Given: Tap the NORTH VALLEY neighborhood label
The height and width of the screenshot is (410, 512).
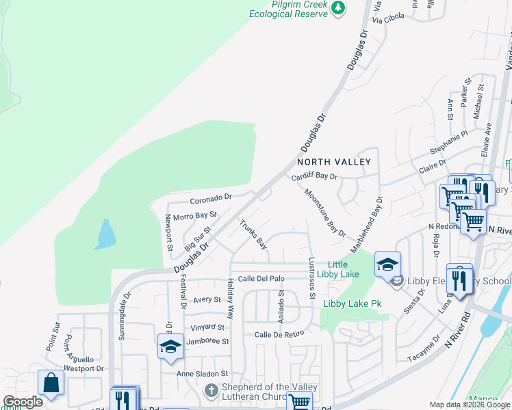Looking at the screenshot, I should pos(333,162).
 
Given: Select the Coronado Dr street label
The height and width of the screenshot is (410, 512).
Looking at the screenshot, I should pos(212,198).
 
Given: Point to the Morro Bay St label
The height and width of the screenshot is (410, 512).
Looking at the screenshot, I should pos(195,216).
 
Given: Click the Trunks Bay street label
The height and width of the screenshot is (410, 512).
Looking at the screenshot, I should pos(253,233).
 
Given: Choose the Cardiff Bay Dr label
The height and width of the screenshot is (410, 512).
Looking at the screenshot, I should pos(315,177).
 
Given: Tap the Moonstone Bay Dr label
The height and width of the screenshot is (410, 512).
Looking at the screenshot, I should pos(324,213).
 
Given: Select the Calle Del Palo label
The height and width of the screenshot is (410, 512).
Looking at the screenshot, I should pos(261,278).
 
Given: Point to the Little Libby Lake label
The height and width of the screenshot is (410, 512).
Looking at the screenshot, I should pos(343,269).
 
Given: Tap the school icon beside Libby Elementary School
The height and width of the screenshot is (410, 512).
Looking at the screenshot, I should pos(387,265).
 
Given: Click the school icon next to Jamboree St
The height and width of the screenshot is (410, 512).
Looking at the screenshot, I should pos(170,346).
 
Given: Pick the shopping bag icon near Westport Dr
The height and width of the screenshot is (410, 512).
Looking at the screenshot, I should pos(51,383).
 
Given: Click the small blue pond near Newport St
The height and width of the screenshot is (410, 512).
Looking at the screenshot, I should pos(105,234).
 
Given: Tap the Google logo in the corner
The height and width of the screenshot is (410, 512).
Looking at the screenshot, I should pos(23,402).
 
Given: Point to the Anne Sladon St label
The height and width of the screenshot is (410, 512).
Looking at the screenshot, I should pos(202,374).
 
